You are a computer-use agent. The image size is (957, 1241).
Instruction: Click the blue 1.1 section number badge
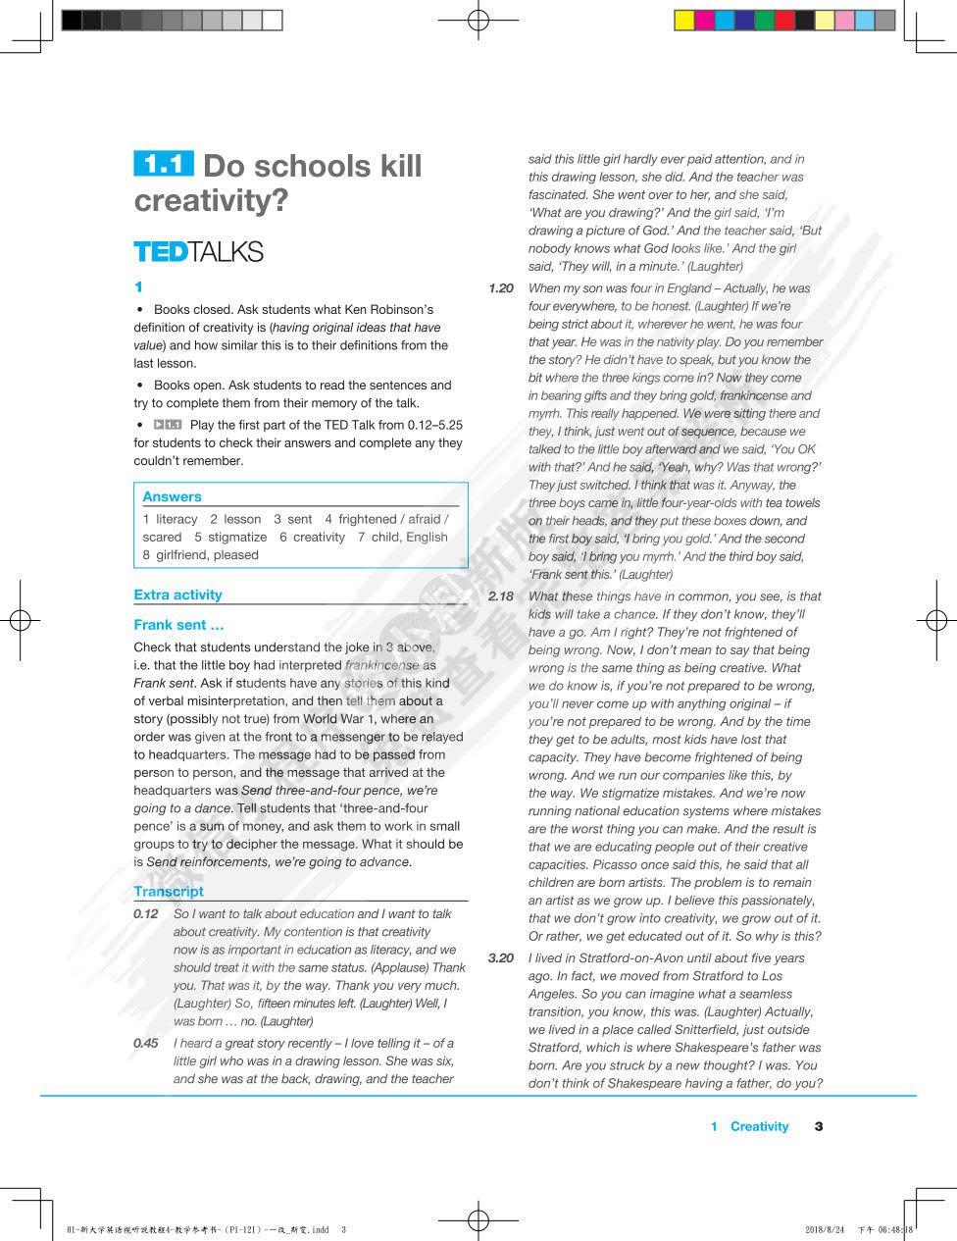pyautogui.click(x=164, y=164)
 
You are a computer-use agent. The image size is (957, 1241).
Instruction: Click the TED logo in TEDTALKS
pyautogui.click(x=160, y=252)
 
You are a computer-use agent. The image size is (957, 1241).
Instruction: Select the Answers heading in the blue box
pyautogui.click(x=172, y=496)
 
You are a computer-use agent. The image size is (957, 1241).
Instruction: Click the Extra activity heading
pyautogui.click(x=177, y=595)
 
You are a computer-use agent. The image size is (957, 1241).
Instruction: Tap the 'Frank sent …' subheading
pyautogui.click(x=178, y=625)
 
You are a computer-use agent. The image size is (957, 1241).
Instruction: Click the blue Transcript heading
pyautogui.click(x=169, y=892)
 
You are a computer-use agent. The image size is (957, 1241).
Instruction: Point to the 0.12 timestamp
pyautogui.click(x=146, y=914)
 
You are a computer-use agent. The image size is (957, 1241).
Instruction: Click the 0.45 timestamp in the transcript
pyautogui.click(x=146, y=1044)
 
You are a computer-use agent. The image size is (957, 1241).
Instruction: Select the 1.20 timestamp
pyautogui.click(x=500, y=288)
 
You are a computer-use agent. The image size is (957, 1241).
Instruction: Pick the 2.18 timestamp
pyautogui.click(x=500, y=596)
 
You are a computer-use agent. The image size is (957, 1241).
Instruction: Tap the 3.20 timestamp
pyautogui.click(x=500, y=958)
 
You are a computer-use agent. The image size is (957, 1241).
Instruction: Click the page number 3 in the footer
pyautogui.click(x=819, y=1126)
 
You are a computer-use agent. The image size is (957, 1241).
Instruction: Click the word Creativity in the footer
pyautogui.click(x=759, y=1126)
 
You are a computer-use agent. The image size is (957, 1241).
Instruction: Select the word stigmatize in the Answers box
pyautogui.click(x=237, y=538)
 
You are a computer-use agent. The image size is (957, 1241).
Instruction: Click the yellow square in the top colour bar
pyautogui.click(x=684, y=20)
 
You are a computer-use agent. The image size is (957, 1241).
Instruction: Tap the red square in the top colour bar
pyautogui.click(x=784, y=20)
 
